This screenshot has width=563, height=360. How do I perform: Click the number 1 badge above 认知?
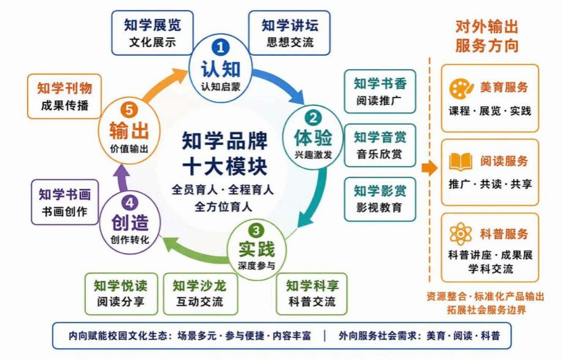tap(220, 47)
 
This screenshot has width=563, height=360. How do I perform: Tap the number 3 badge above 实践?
tap(256, 230)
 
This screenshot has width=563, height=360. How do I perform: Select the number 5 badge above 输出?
tap(129, 109)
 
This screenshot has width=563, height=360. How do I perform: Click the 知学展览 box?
tap(152, 33)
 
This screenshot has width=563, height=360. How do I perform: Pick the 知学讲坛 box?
tap(289, 33)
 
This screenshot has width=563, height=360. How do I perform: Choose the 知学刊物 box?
tap(64, 96)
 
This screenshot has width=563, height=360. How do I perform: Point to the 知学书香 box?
tap(380, 91)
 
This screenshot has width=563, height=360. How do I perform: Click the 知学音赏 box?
tap(380, 145)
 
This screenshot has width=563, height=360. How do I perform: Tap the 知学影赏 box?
tap(380, 199)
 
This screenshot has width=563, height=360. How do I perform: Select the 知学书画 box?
tap(64, 202)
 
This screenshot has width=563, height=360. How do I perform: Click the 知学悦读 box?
tap(121, 294)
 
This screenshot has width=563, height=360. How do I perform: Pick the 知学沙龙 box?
tap(201, 294)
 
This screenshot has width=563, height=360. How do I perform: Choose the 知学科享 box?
tap(312, 294)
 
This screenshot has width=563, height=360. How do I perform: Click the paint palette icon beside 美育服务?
tap(461, 88)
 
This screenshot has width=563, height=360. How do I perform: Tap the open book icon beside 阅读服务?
tap(461, 162)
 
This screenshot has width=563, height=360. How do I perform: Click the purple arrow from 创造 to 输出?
tap(123, 178)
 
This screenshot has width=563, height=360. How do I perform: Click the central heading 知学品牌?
tap(224, 140)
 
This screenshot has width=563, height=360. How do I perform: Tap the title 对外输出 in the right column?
tap(487, 27)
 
